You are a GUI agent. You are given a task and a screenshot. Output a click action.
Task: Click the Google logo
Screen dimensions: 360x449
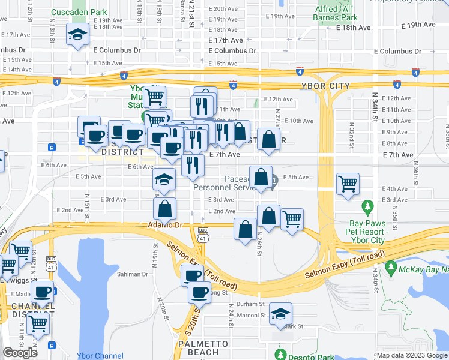[20, 353]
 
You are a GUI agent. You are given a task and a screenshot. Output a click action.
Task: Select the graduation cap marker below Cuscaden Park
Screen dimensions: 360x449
[78, 35]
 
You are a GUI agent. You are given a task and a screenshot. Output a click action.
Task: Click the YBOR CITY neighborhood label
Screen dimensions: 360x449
[330, 86]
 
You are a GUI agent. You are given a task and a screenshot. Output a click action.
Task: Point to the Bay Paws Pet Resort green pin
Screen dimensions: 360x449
[367, 208]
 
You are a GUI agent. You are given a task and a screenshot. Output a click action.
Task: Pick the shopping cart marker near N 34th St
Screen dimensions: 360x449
[348, 184]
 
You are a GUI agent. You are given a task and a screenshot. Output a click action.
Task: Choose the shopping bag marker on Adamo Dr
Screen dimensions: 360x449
[245, 230]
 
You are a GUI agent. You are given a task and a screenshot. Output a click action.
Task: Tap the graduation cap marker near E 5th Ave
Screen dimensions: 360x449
[164, 179]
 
